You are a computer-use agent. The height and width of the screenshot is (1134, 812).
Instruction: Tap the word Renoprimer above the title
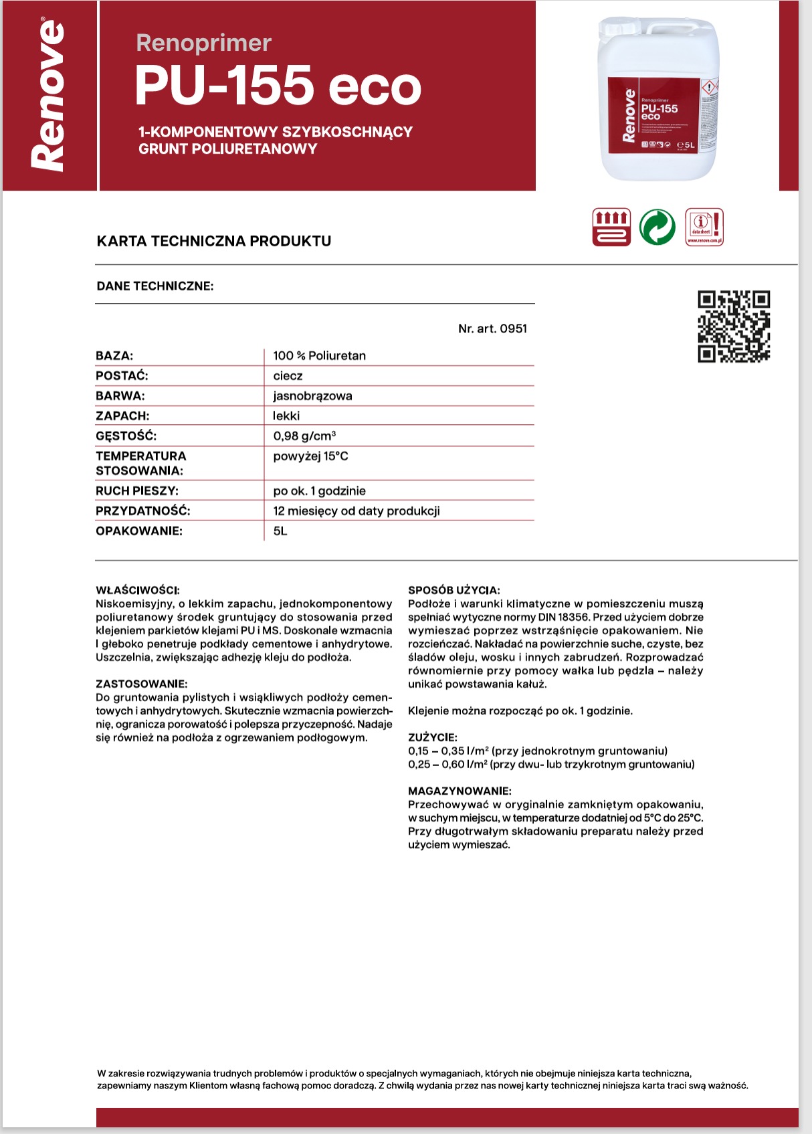(203, 43)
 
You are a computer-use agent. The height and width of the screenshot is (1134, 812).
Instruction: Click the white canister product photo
(659, 98)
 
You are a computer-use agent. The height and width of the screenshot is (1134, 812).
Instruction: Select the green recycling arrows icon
(657, 227)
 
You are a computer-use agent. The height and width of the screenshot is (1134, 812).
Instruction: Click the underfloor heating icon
(611, 227)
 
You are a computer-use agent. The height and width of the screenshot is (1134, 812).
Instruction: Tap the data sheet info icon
(704, 227)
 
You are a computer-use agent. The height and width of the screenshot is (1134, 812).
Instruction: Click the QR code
(734, 326)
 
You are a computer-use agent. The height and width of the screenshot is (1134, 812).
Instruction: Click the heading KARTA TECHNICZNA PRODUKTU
(214, 241)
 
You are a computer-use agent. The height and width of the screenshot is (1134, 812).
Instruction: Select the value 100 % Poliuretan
(319, 356)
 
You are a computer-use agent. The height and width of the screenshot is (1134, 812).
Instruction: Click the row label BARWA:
(120, 396)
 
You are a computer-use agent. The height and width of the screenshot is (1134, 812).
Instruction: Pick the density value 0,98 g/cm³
(304, 436)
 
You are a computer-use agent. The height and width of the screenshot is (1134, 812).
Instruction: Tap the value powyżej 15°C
(310, 456)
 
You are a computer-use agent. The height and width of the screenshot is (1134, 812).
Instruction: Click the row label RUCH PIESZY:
(137, 491)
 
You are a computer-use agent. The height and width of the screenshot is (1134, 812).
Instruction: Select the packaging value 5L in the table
(280, 531)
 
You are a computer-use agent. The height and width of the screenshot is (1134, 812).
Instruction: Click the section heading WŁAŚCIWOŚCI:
(138, 590)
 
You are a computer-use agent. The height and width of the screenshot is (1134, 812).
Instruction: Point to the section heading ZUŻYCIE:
(433, 737)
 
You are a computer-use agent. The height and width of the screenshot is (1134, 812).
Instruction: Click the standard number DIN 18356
(564, 617)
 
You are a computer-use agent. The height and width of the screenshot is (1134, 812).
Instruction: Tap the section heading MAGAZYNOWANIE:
(460, 791)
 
